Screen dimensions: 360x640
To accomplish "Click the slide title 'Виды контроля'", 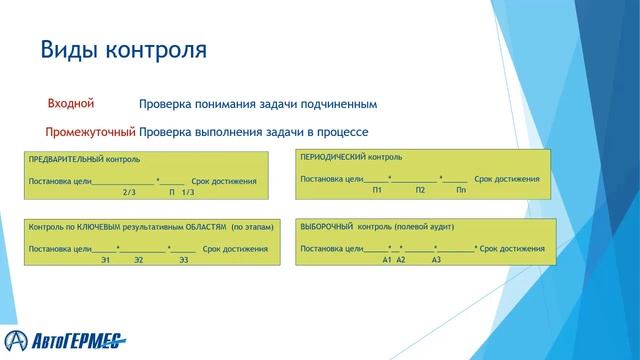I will point(122,49).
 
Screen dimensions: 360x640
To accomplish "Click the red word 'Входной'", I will point(71,103).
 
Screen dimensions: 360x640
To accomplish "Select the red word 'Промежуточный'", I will point(90,131).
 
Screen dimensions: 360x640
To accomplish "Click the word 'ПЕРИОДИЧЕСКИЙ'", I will point(334,158).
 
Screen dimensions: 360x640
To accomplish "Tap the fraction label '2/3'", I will point(128,191).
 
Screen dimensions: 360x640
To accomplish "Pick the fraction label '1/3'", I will point(187,191).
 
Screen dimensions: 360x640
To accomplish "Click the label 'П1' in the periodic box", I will point(377,190).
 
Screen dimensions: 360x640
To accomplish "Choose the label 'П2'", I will point(421,190).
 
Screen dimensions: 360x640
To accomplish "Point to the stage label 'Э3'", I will point(183,260).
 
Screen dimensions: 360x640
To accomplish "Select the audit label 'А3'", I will point(436,259).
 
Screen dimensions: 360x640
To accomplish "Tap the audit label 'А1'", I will point(386,259).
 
